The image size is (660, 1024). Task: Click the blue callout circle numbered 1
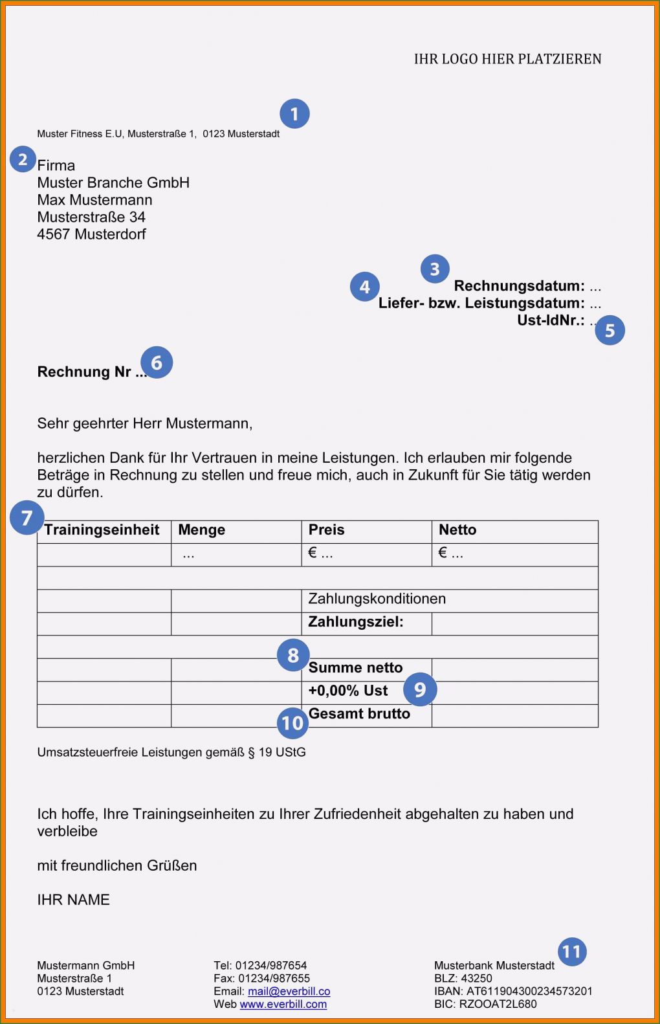click(294, 114)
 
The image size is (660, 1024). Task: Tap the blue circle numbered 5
click(610, 330)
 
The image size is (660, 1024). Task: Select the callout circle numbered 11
click(572, 952)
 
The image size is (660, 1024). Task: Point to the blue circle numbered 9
click(420, 689)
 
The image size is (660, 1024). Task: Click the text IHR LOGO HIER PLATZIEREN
click(507, 59)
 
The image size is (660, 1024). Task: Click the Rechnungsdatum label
click(519, 286)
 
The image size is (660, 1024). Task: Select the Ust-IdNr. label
click(551, 320)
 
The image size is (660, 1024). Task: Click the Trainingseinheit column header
click(102, 530)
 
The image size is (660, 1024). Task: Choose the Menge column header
click(201, 530)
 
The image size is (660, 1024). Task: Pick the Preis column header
click(326, 530)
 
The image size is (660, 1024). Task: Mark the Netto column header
click(457, 530)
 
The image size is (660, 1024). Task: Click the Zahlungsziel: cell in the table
click(355, 622)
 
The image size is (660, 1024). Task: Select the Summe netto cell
click(355, 668)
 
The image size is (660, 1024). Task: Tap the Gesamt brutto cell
click(359, 714)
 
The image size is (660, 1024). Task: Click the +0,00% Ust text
click(348, 691)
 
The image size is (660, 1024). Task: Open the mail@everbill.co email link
click(289, 992)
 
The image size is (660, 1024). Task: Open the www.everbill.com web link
click(283, 1005)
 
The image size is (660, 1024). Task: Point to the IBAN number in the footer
click(529, 992)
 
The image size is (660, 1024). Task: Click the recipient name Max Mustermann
click(94, 200)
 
